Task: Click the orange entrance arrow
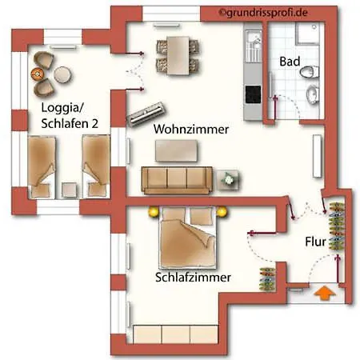coord(324,293)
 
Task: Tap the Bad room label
coord(290,62)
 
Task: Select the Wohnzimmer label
coord(191,130)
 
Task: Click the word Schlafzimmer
coord(193,278)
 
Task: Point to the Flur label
coord(315,242)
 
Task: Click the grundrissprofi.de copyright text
coord(263,13)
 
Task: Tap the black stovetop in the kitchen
coord(253,94)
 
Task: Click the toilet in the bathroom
coord(310,71)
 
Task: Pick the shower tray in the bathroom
coord(310,33)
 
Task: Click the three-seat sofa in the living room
coord(177,180)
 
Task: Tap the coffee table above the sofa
coord(176,150)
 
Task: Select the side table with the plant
coord(227,180)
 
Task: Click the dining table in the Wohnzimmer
coord(178,55)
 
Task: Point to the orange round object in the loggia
coord(37,73)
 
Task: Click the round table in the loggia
coord(62,74)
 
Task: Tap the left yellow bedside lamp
coord(154,212)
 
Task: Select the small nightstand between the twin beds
coord(69,190)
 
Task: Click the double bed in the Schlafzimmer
coord(187,238)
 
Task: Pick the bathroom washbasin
coord(313,94)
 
